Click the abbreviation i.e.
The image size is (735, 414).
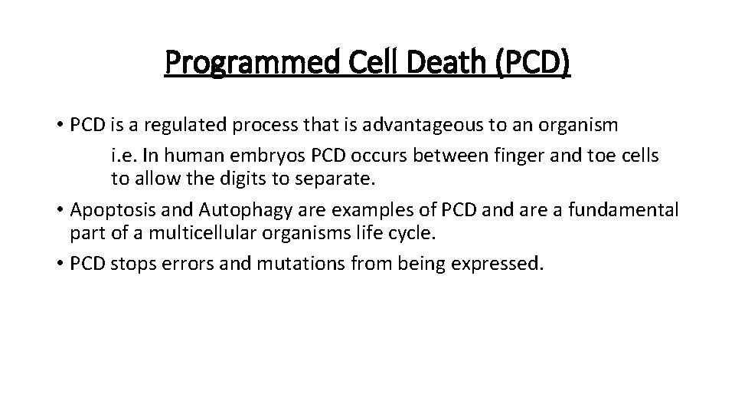click(124, 155)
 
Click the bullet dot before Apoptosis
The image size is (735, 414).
click(59, 211)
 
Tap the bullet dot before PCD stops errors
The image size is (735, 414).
click(59, 265)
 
